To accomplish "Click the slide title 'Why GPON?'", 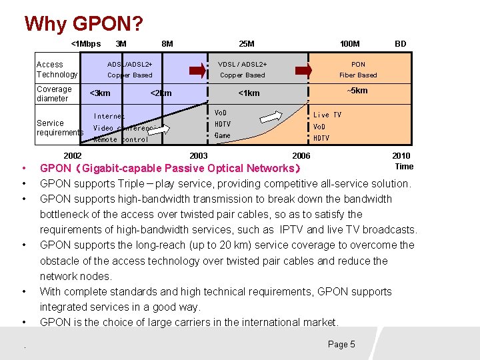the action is (83, 24).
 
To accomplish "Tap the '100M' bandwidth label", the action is (349, 44).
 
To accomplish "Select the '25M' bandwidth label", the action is (246, 44).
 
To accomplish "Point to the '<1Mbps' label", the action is (86, 44).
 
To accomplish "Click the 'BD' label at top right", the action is (400, 44).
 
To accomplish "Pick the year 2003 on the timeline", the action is (199, 156).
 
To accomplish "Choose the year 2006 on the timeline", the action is (301, 156).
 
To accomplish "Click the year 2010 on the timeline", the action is (401, 156).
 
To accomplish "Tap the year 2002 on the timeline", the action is (73, 156).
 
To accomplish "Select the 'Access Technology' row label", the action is (57, 69).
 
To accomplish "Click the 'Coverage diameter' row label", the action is (54, 94).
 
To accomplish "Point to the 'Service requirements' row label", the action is (59, 128).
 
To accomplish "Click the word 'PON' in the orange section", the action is (358, 65).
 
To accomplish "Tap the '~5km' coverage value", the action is (357, 91).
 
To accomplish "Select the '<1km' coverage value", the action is (249, 93).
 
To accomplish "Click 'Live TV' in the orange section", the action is (327, 115).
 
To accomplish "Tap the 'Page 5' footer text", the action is (341, 344).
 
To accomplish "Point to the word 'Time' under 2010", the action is (404, 167).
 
